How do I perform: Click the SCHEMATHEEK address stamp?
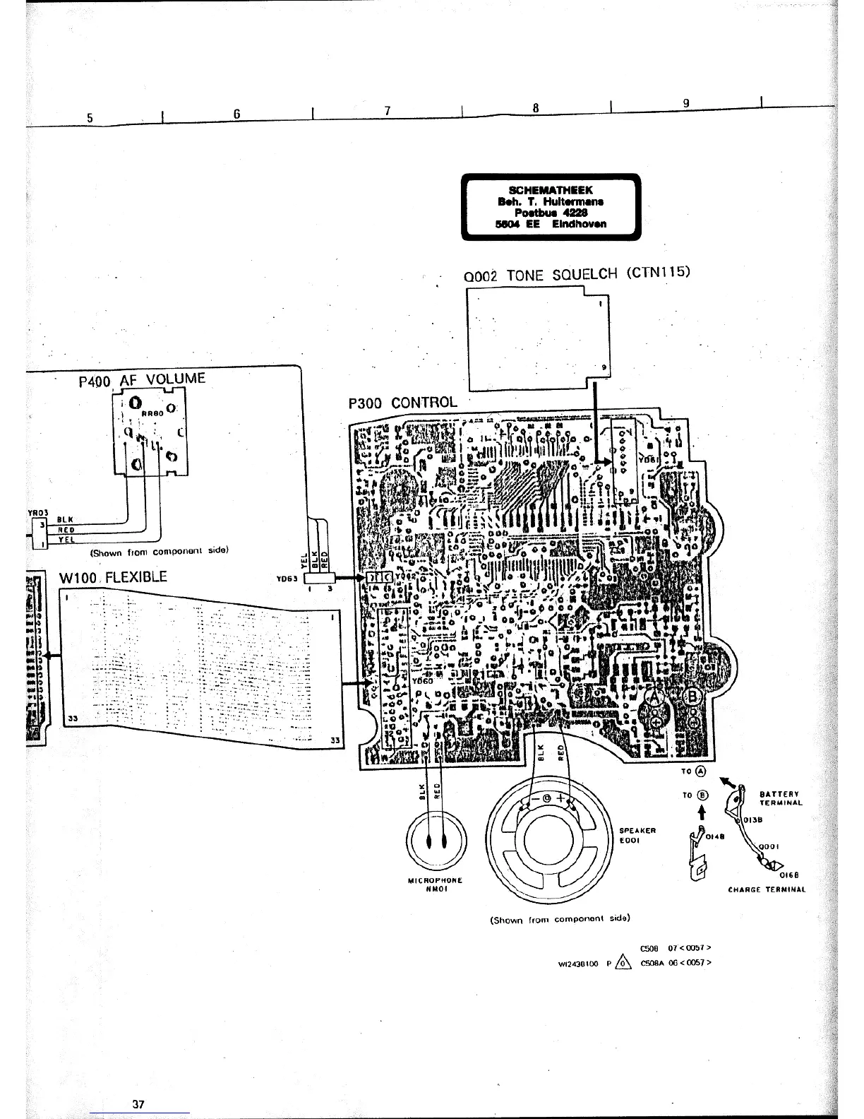point(551,207)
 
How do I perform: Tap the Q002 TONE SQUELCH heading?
point(575,273)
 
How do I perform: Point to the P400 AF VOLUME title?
point(142,380)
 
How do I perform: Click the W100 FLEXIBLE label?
point(113,577)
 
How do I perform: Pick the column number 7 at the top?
point(388,111)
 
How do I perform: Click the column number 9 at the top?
point(686,103)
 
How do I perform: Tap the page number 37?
point(138,1104)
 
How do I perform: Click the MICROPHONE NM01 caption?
point(436,884)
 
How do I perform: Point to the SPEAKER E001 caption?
point(637,835)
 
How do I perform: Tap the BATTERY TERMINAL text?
point(781,798)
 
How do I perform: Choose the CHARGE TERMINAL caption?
point(767,890)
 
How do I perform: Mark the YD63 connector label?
point(285,578)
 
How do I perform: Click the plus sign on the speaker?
point(561,799)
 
